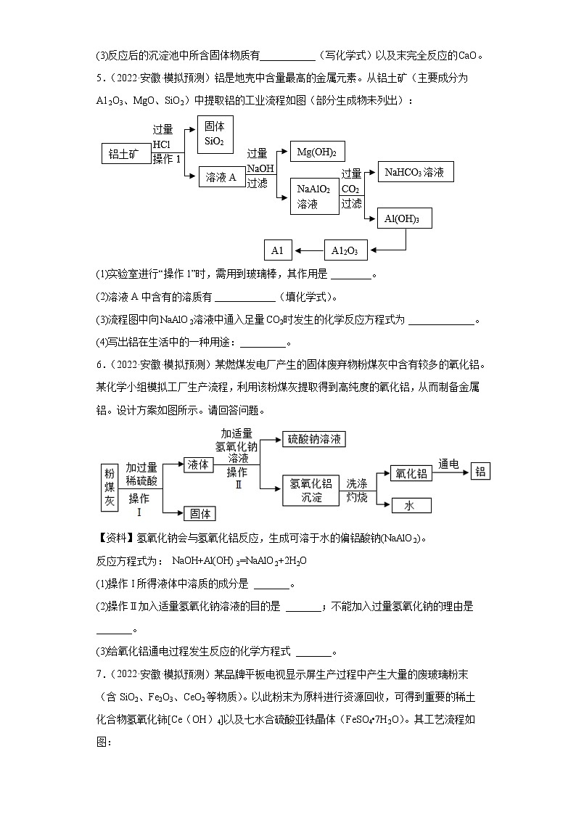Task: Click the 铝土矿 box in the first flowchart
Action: (124, 153)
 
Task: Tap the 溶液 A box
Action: (221, 176)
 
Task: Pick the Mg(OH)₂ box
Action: (317, 152)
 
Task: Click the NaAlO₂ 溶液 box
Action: (314, 196)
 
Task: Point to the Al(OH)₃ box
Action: (404, 218)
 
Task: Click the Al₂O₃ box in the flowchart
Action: (345, 250)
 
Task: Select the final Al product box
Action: (277, 250)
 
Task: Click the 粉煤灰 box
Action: (110, 486)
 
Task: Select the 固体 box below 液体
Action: (199, 513)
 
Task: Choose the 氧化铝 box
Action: (410, 473)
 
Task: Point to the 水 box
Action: (411, 506)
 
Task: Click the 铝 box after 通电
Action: (480, 471)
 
